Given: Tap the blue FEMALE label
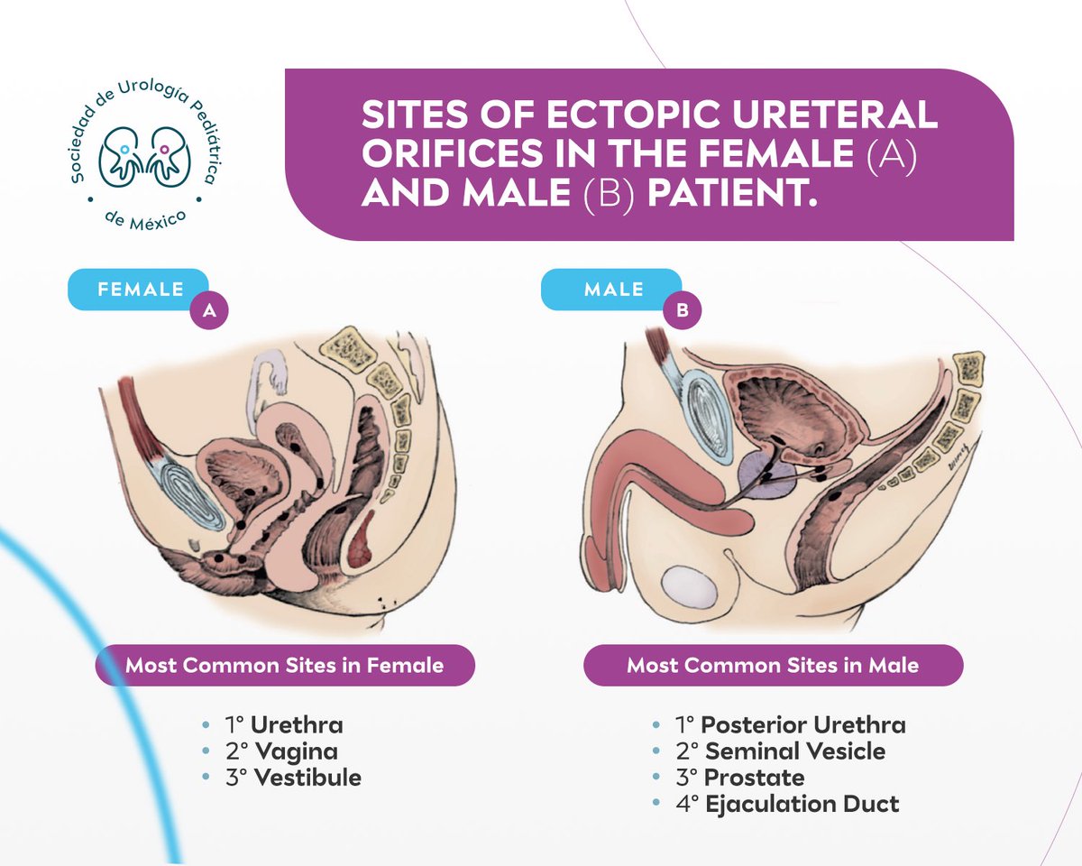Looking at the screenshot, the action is coord(139,290).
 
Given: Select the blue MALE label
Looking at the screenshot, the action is coord(613,290).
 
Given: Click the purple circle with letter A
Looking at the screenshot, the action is coord(208,311).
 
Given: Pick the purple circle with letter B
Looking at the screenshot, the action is coord(682,311).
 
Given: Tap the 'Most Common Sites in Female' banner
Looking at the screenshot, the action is coord(284,666).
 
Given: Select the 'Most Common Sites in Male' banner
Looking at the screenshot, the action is coord(773,666).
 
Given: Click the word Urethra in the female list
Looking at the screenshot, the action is coord(297,725).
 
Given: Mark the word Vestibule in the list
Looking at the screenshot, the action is coord(307,778).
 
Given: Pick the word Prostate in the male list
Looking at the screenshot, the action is coord(754,778).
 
